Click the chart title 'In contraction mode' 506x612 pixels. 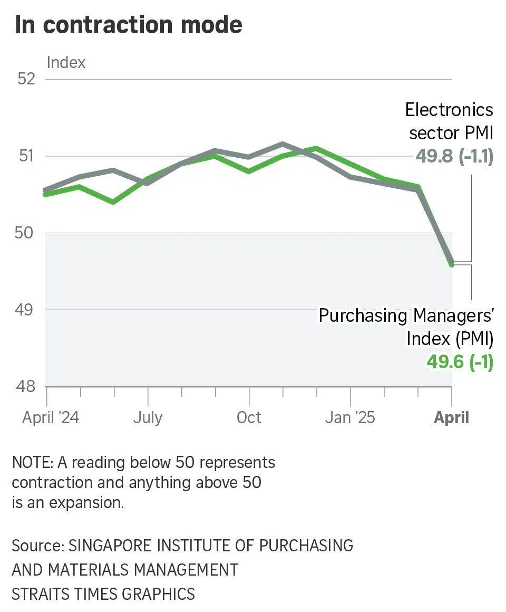(129, 25)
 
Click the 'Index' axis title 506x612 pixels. (66, 62)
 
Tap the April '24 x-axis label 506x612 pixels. (51, 418)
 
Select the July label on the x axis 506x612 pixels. (148, 418)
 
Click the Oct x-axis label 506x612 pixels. (249, 418)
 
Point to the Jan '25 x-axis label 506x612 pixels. (350, 418)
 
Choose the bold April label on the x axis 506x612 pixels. (451, 418)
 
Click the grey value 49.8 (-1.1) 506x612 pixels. (454, 156)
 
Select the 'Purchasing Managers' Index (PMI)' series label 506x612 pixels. (406, 327)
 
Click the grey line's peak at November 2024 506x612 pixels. (283, 144)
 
